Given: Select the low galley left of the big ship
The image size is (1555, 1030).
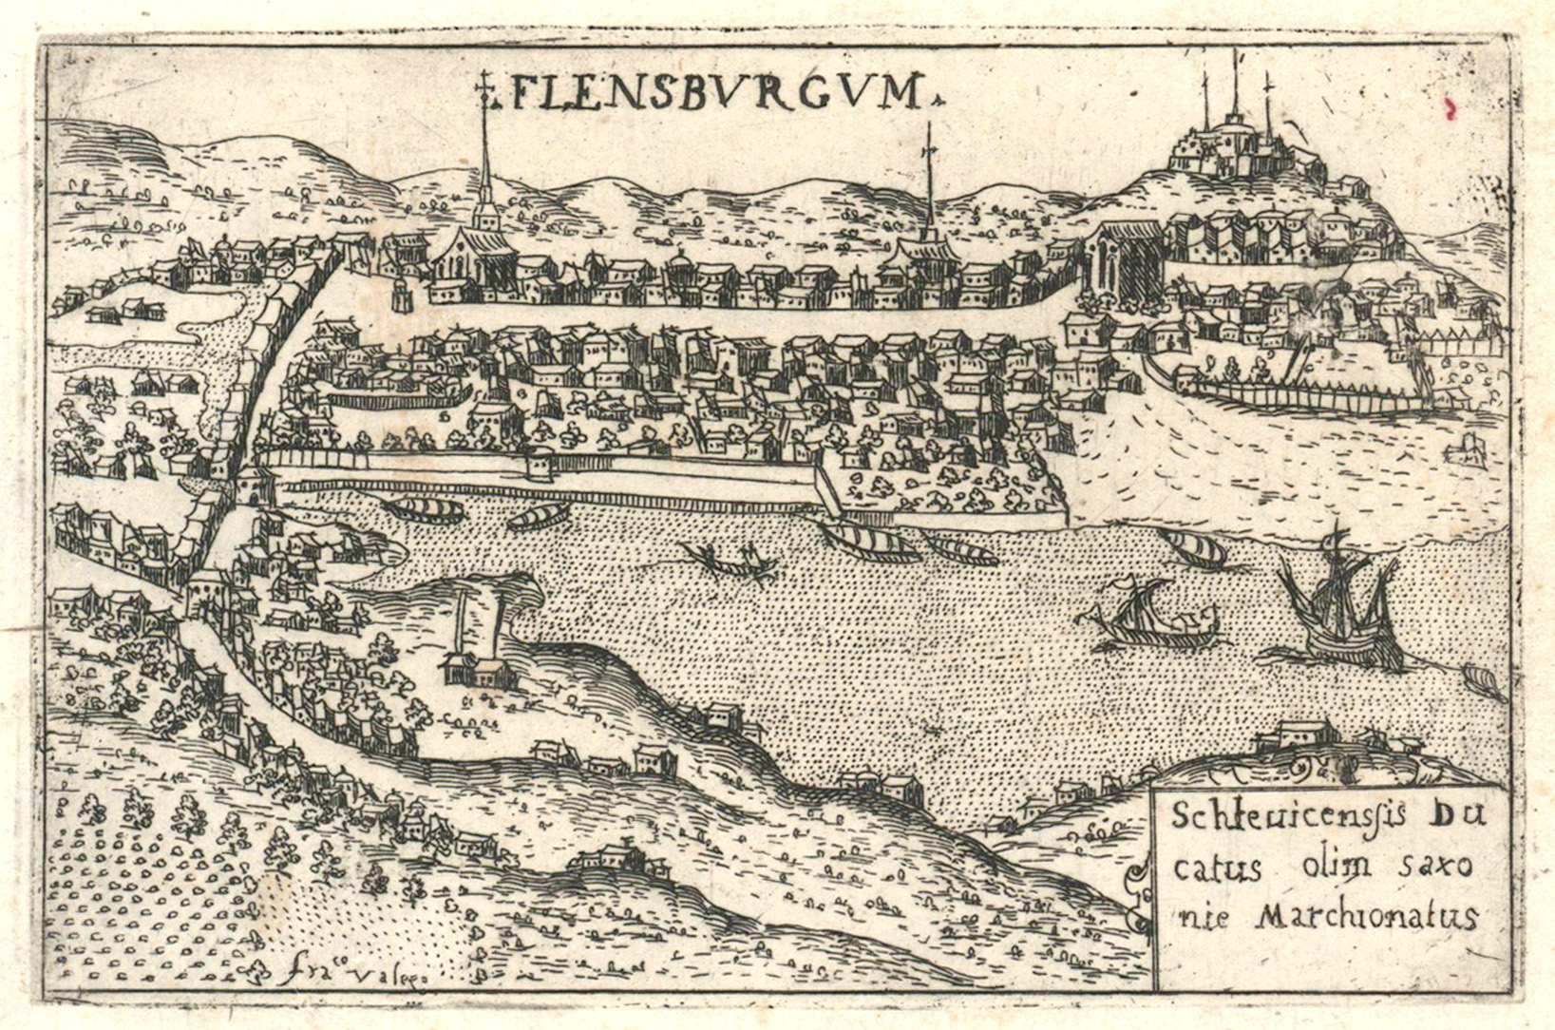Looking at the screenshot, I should (x=1154, y=618).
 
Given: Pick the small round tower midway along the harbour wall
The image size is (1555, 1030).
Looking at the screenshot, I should (x=542, y=464).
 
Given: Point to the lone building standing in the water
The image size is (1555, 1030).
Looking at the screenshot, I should (x=1464, y=448).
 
